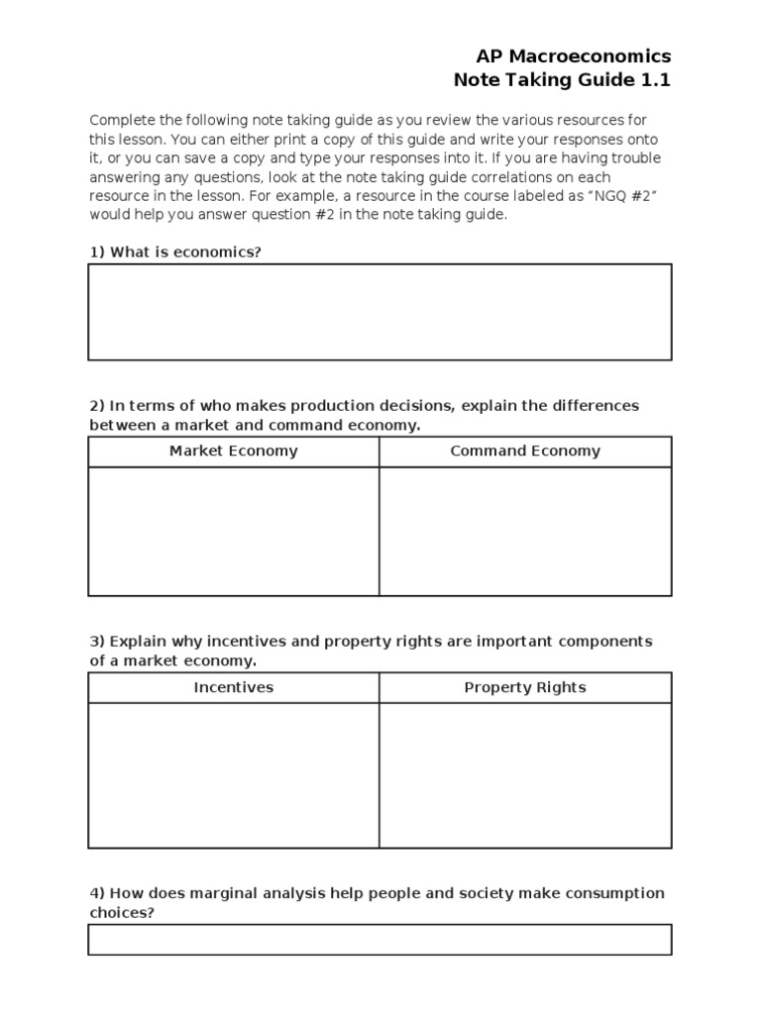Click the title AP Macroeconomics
pos(573,56)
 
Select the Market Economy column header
pos(233,452)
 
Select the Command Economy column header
pos(525,452)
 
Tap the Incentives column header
pos(233,687)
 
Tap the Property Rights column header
pos(525,687)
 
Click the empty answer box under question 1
pos(380,312)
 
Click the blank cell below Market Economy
pos(233,532)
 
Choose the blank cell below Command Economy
pos(525,532)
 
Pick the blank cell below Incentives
pos(233,775)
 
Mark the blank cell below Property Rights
pos(525,775)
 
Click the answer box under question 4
pos(380,940)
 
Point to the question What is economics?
pos(185,253)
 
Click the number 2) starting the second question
pos(97,406)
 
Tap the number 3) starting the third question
pos(97,642)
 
